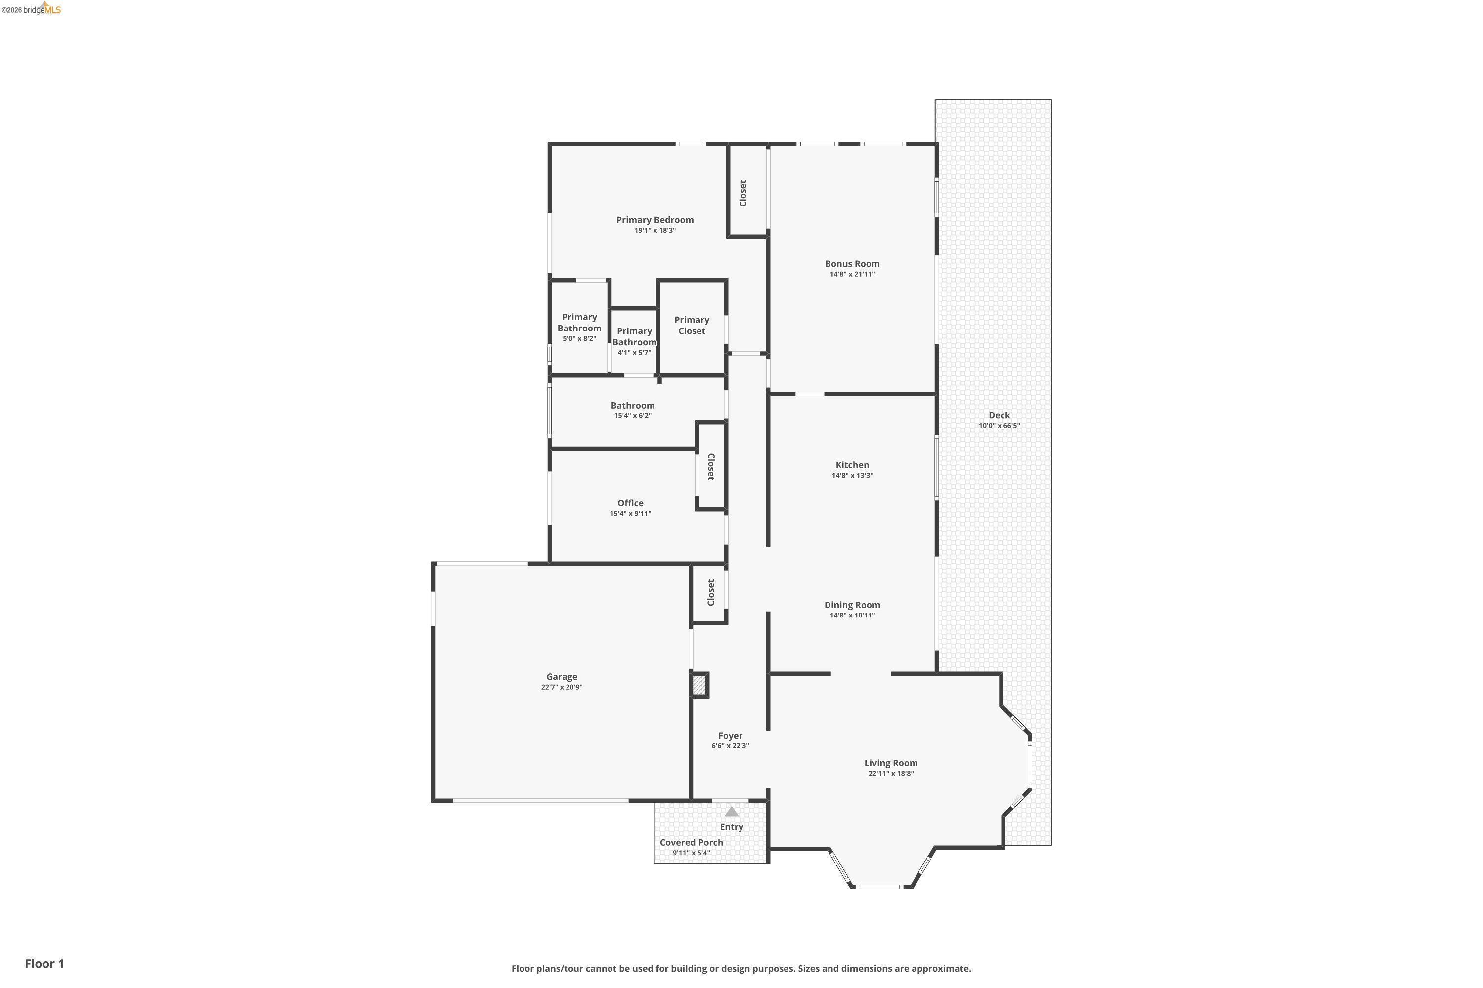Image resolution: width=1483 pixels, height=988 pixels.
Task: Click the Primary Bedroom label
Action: click(654, 220)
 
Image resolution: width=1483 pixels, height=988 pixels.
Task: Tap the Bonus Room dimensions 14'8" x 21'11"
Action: click(852, 274)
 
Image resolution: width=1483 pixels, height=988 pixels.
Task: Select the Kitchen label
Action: click(852, 465)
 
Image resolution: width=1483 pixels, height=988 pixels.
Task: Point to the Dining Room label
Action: click(852, 605)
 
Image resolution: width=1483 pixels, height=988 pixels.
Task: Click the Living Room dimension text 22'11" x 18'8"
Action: click(890, 773)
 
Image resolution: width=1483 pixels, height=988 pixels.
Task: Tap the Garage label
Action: click(561, 677)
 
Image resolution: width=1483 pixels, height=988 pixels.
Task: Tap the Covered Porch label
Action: click(691, 842)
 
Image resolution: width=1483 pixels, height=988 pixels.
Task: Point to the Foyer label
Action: click(730, 736)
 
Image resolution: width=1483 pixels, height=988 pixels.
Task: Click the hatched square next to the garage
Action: click(699, 685)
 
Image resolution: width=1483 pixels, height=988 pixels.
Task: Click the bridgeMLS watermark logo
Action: click(32, 8)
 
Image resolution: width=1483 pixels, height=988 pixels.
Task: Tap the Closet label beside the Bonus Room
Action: click(743, 193)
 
